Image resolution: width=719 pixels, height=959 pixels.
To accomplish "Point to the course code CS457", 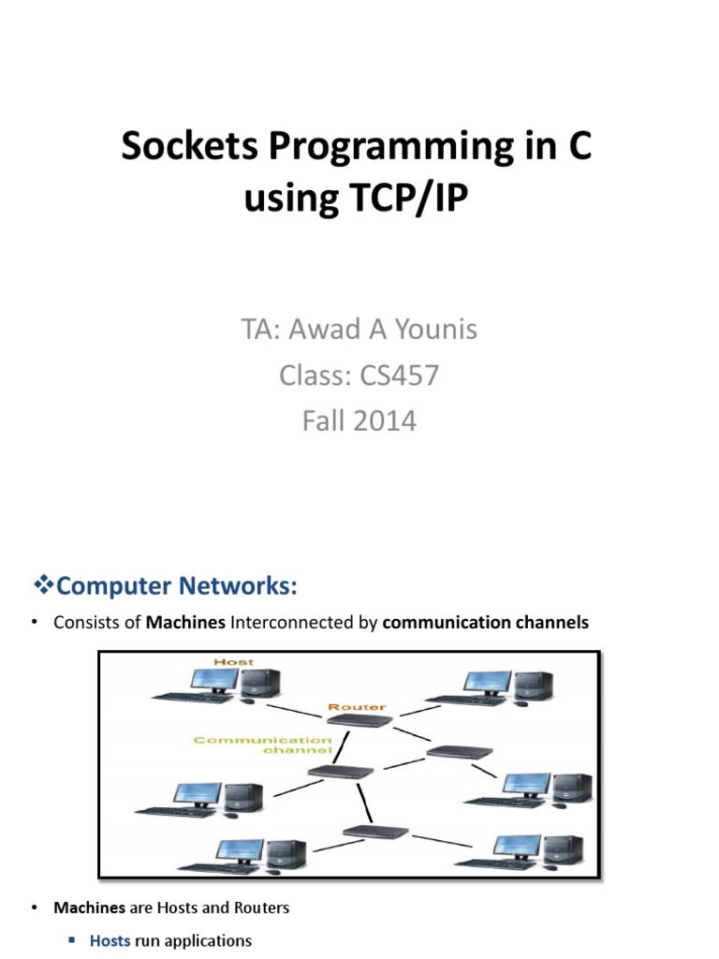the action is [x=398, y=376].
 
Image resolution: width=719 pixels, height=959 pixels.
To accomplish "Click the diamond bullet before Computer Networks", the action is [x=44, y=586].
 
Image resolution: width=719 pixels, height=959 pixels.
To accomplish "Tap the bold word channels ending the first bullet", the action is [x=556, y=623].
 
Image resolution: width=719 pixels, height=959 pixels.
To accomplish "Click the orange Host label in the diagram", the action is [x=233, y=662].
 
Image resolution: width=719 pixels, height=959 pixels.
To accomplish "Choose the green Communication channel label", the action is [x=263, y=745].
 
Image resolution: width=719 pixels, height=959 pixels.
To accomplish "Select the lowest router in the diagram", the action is [x=375, y=832].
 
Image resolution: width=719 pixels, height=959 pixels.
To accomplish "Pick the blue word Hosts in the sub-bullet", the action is [x=110, y=941].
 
